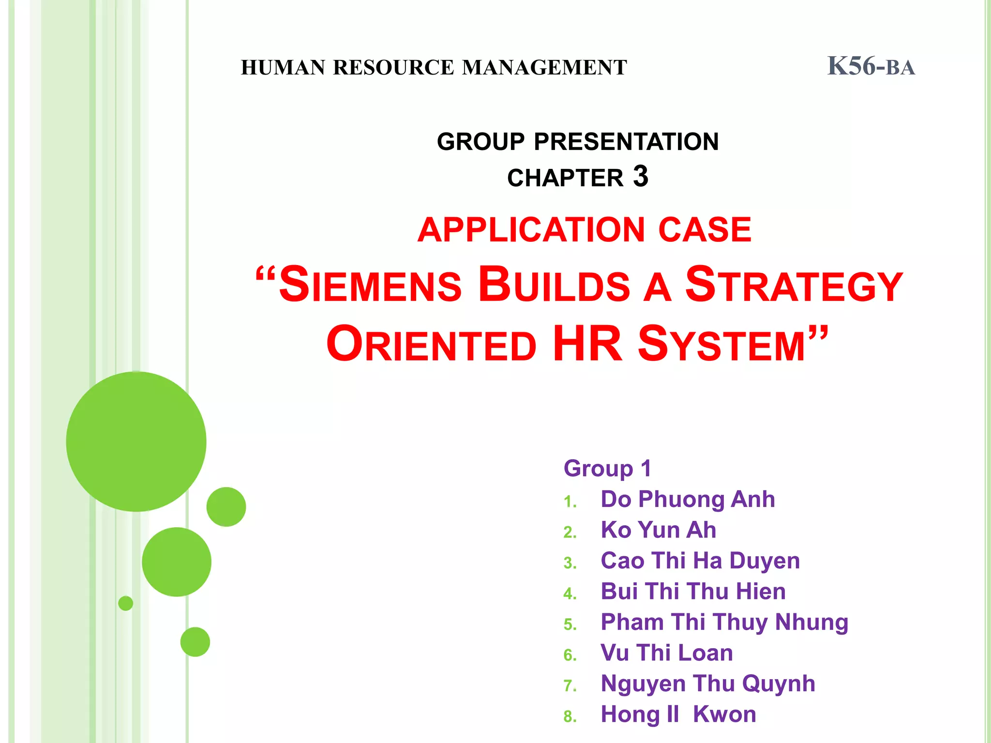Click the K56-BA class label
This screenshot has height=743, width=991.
click(871, 66)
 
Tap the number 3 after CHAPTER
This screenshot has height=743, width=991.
click(640, 177)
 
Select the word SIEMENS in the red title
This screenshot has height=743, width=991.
click(370, 285)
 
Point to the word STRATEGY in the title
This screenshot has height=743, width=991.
click(794, 285)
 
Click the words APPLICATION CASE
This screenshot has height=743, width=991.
click(584, 230)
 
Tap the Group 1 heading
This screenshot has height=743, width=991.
click(607, 468)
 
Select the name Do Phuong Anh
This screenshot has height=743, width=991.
click(687, 499)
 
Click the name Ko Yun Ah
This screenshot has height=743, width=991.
click(658, 530)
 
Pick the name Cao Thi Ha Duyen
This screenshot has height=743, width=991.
click(700, 561)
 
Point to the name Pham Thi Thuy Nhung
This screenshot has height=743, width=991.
click(724, 622)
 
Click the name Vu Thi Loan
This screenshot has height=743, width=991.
click(666, 653)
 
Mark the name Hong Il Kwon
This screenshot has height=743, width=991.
click(678, 714)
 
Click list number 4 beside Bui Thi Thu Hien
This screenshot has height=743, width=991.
click(570, 594)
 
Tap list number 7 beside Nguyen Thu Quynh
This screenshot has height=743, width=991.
click(570, 685)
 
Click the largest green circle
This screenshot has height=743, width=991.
click(136, 441)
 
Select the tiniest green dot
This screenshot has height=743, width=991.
click(125, 603)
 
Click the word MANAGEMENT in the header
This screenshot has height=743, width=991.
click(544, 68)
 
